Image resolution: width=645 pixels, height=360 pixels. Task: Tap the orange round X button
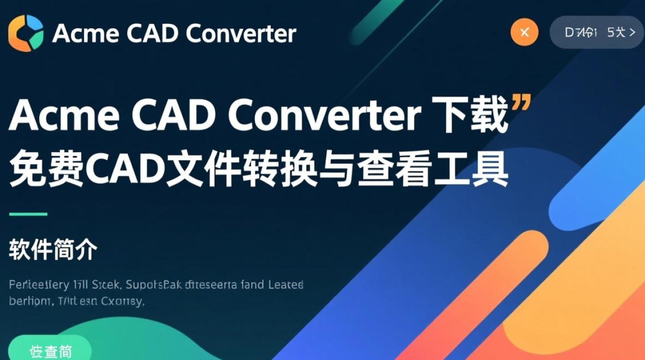pyautogui.click(x=525, y=33)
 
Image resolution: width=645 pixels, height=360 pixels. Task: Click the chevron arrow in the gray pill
pyautogui.click(x=632, y=33)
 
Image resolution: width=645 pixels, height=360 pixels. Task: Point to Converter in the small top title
pyautogui.click(x=241, y=34)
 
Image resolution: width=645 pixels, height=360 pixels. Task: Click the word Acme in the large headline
pyautogui.click(x=59, y=117)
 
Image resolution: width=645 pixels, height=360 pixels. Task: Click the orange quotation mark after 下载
pyautogui.click(x=521, y=102)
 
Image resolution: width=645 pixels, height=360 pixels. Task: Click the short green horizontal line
pyautogui.click(x=28, y=214)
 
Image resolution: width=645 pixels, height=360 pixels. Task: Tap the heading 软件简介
pyautogui.click(x=53, y=251)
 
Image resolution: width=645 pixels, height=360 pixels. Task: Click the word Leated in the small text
pyautogui.click(x=286, y=285)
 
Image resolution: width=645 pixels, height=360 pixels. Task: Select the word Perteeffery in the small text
pyautogui.click(x=39, y=285)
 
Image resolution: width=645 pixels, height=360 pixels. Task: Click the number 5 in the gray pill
pyautogui.click(x=610, y=32)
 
